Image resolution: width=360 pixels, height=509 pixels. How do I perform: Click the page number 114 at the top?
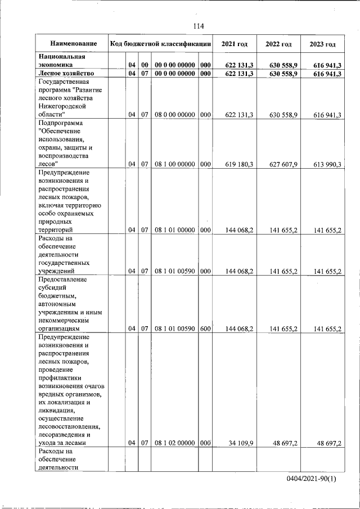tap(197, 26)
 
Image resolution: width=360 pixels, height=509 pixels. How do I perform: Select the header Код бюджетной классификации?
tap(160, 44)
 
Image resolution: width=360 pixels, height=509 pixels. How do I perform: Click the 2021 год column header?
tap(235, 44)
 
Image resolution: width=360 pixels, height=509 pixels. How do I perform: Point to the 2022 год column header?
tap(278, 44)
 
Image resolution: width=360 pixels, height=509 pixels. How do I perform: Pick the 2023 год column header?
tap(322, 44)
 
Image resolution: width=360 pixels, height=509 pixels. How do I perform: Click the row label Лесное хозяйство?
tap(65, 74)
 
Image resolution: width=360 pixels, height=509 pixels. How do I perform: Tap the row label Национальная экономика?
tap(62, 61)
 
